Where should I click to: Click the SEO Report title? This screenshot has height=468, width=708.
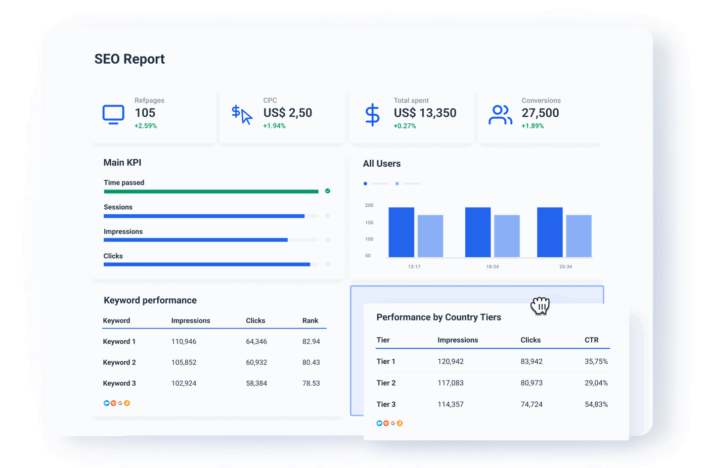coord(129,59)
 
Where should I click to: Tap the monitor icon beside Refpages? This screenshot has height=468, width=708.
coord(113,114)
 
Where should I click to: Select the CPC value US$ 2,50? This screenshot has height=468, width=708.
coord(287,113)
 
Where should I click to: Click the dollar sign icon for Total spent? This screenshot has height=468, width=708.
coord(372,115)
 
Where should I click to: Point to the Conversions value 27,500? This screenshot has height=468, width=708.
coord(540,113)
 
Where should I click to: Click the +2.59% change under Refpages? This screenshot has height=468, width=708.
coord(146,126)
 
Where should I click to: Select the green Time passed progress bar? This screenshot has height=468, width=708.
coord(211,192)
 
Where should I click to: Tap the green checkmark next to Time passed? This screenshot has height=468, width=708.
coord(328,191)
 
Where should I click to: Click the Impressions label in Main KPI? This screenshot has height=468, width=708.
coord(123,231)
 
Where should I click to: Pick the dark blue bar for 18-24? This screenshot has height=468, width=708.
coord(477,232)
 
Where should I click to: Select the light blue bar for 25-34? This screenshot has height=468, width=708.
coord(579,236)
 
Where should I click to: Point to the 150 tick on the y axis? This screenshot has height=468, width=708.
coord(369,222)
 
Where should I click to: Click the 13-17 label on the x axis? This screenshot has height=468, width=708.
coord(414,266)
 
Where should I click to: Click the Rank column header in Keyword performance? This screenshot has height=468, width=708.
coord(310,320)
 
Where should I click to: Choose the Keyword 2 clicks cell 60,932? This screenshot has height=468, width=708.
coord(256,362)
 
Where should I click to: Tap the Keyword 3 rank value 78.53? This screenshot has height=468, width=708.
coord(311,383)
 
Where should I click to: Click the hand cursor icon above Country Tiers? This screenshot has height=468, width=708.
coord(540,305)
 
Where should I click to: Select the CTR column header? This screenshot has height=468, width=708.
coord(591,340)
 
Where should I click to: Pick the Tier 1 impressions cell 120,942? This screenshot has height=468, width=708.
coord(450,361)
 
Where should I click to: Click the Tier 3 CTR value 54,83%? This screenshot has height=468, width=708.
coord(596,404)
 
